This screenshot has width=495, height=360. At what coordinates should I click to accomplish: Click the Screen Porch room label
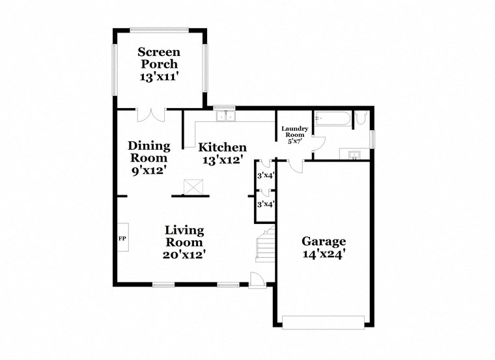[x=159, y=57]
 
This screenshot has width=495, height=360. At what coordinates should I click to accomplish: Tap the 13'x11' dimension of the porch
[x=159, y=76]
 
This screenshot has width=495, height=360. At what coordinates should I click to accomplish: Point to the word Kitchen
[x=223, y=147]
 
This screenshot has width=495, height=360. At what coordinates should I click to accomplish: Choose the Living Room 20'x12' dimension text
[x=184, y=255]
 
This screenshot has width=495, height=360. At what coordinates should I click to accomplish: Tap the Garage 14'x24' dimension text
[x=323, y=255]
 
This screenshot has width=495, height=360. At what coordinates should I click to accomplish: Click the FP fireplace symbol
[x=122, y=238]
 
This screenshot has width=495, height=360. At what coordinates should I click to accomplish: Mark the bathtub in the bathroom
[x=332, y=118]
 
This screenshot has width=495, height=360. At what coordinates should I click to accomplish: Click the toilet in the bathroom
[x=362, y=118]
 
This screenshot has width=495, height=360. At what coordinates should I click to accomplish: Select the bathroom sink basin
[x=354, y=154]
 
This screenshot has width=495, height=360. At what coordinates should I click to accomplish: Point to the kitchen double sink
[x=226, y=117]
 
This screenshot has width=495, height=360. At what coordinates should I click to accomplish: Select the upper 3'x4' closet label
[x=264, y=176]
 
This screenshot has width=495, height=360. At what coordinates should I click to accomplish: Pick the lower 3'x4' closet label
[x=264, y=204]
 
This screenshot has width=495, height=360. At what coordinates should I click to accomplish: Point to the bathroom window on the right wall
[x=373, y=139]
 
